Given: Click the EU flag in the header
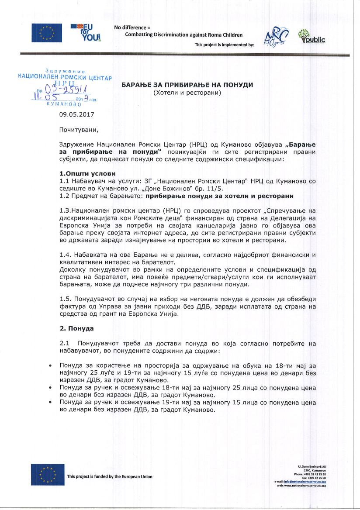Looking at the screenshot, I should click(x=47, y=32).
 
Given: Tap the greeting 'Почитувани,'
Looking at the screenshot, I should click(x=76, y=130).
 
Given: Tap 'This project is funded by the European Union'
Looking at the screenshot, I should click(x=110, y=476).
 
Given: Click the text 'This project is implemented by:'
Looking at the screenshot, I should click(x=224, y=45).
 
